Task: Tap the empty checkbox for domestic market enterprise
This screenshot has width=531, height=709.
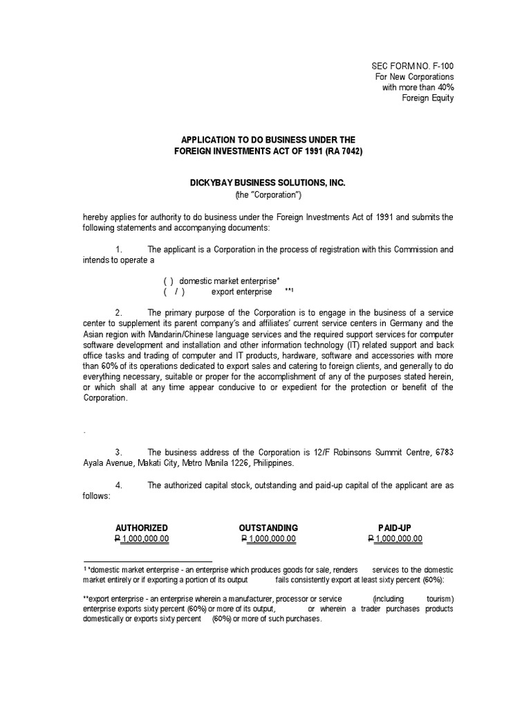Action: (169, 281)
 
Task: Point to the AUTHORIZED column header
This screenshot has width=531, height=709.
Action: (141, 528)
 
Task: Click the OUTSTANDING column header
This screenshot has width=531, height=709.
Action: (268, 528)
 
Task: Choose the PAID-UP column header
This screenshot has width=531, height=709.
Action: (395, 528)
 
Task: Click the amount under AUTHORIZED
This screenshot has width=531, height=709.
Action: (141, 539)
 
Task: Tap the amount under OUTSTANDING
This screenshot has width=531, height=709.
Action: (268, 539)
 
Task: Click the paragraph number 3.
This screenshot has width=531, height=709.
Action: (119, 452)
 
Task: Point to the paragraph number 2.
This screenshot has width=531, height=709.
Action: (119, 313)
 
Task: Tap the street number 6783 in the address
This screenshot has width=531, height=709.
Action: (443, 452)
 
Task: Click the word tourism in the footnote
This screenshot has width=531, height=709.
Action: (437, 598)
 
